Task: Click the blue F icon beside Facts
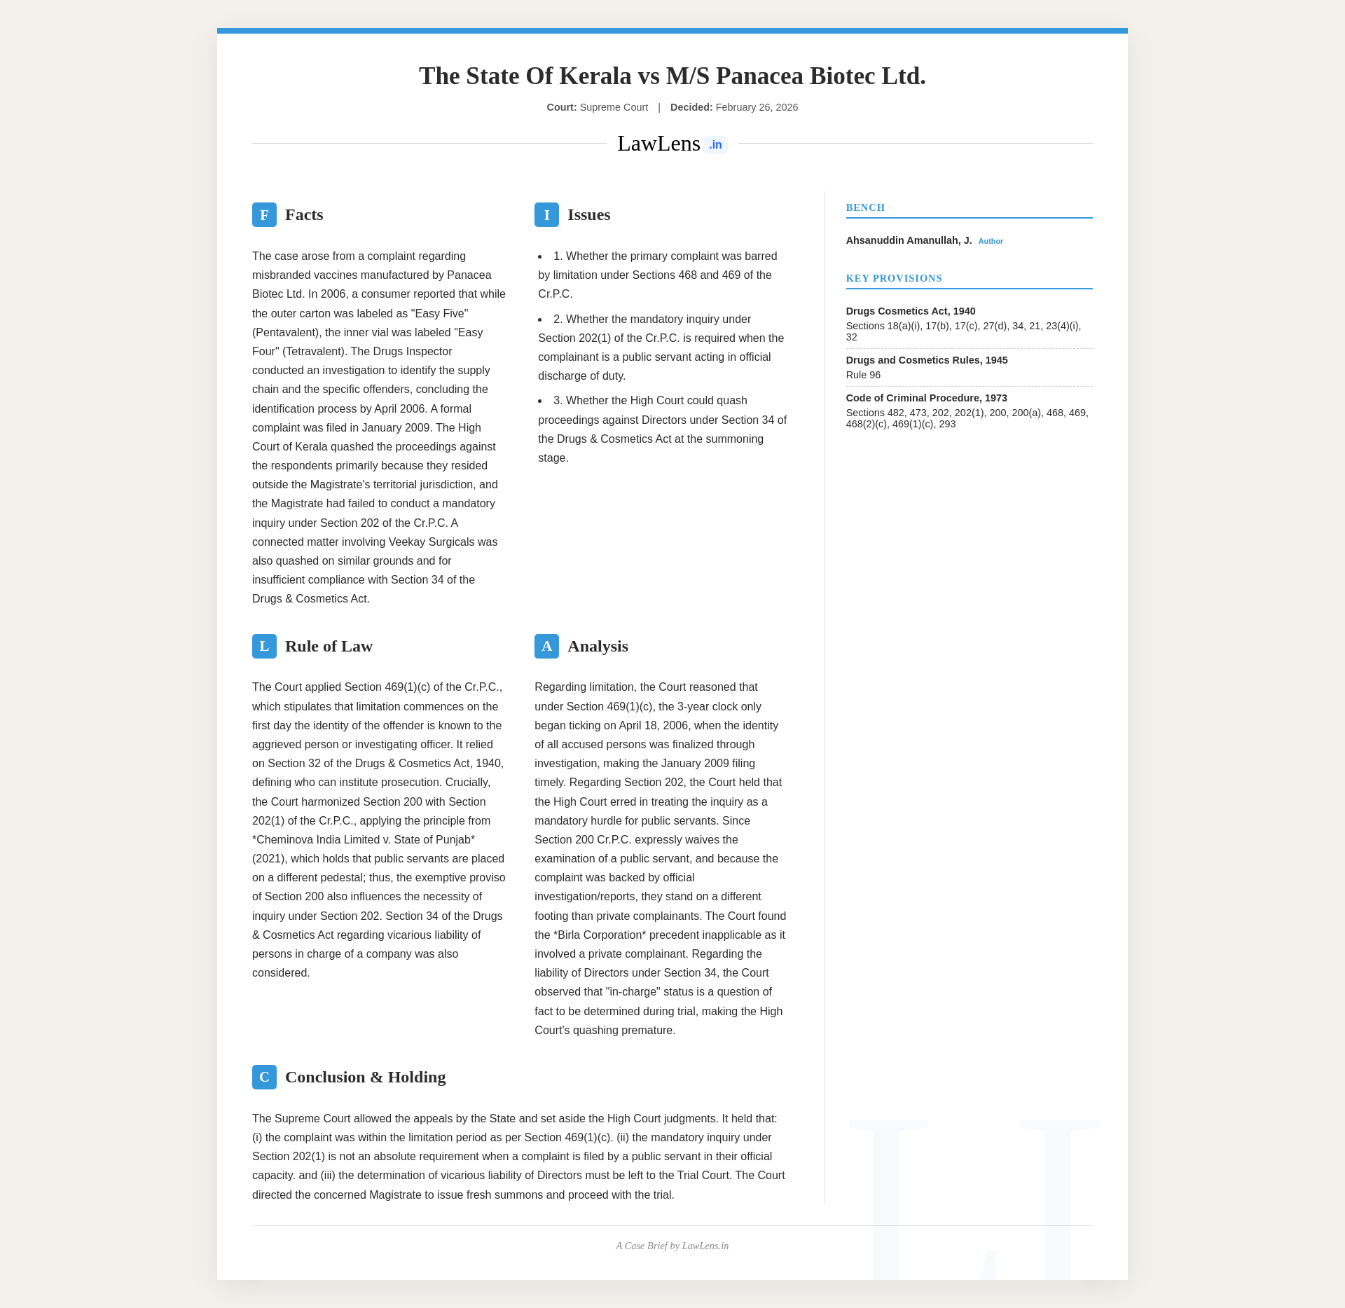click(x=264, y=215)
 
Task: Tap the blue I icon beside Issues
click(x=546, y=215)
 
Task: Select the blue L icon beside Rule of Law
click(x=264, y=646)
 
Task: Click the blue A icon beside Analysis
click(x=546, y=646)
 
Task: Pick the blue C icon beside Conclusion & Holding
click(x=264, y=1077)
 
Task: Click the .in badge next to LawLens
click(x=715, y=145)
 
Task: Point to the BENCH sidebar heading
click(x=865, y=208)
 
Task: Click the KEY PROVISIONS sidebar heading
click(x=894, y=279)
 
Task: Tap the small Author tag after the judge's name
click(x=991, y=242)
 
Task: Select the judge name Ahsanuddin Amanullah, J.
click(x=909, y=240)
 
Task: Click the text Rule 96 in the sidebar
click(x=863, y=376)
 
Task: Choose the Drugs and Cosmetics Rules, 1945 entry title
click(x=927, y=360)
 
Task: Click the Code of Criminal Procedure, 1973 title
click(x=926, y=398)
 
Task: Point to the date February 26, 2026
click(x=757, y=107)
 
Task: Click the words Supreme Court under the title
click(x=614, y=107)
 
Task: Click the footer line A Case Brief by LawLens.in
click(x=672, y=1246)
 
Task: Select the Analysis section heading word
click(x=598, y=646)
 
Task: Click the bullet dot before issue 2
click(x=540, y=319)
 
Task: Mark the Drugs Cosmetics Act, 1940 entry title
click(x=910, y=311)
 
